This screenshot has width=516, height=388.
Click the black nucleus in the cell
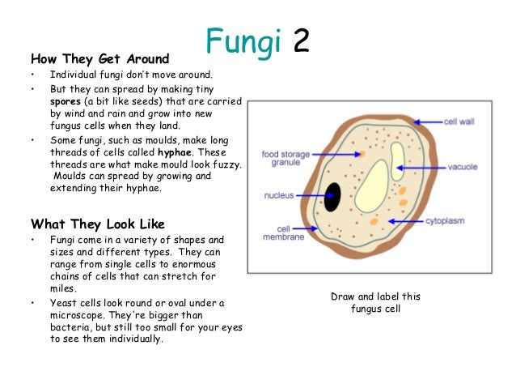point(332,197)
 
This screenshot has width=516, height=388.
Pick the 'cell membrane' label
point(277,233)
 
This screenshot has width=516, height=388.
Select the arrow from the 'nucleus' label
point(311,196)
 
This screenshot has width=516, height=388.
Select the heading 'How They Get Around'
point(99,58)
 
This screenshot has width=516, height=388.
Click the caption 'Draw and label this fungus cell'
point(375,303)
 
